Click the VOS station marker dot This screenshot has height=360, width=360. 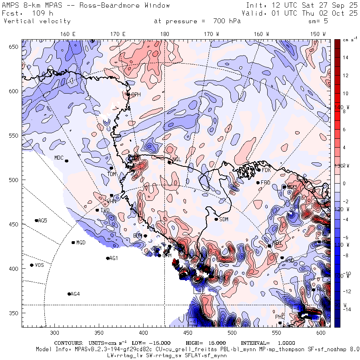pos(32,265)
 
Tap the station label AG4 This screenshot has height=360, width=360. pos(75,294)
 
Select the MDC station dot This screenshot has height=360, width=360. pos(66,161)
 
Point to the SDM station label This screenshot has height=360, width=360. pos(224,219)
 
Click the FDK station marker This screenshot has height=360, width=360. pos(259,170)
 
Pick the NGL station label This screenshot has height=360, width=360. pos(177,160)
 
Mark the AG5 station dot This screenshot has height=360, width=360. pos(36,220)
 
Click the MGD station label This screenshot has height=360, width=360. pos(81,243)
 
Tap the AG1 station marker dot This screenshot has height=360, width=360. pos(108,258)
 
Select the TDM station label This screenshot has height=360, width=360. pos(112,174)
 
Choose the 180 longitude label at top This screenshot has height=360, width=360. pos(164,34)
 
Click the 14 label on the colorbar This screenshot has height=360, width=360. pos(346,58)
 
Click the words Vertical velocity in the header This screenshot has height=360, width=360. pos(37,21)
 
